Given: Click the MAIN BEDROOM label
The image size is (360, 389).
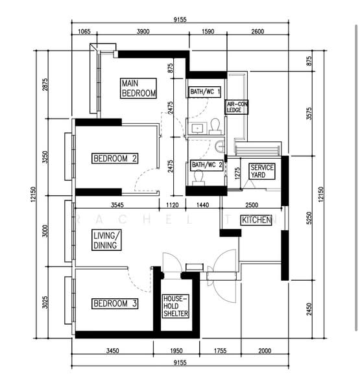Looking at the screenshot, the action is [x=138, y=88].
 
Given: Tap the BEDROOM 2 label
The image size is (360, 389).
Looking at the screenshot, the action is [x=115, y=158].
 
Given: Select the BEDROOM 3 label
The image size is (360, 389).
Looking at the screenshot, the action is [x=115, y=303].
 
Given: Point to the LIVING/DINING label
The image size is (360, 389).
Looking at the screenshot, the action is [x=106, y=240].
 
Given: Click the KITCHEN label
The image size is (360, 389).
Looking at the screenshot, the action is [x=256, y=220].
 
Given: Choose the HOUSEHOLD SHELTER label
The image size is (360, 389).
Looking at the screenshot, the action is [x=176, y=306].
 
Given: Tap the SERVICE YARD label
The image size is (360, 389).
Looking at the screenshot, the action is [x=261, y=171].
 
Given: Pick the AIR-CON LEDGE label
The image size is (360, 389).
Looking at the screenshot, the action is [x=237, y=107].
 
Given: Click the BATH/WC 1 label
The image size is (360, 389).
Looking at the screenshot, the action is [x=205, y=92].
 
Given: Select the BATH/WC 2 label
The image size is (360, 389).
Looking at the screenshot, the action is [x=206, y=165].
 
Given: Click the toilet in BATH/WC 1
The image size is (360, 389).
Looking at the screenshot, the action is [x=215, y=126].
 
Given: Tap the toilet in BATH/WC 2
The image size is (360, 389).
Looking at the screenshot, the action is [x=198, y=178].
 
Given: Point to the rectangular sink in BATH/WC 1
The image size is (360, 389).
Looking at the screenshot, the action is [x=197, y=128].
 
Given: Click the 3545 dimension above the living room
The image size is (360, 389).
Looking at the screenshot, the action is [x=117, y=205].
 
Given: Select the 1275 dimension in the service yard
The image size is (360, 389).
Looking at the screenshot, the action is [x=237, y=173].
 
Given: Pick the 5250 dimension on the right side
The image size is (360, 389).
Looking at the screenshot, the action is [x=309, y=218].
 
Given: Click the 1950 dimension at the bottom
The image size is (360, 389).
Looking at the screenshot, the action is [x=176, y=351].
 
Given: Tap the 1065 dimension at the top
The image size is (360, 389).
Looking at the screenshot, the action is [x=84, y=32].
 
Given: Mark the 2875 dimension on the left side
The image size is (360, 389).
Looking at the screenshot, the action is [x=45, y=84].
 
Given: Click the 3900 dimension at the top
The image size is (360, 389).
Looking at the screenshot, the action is [x=143, y=32].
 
